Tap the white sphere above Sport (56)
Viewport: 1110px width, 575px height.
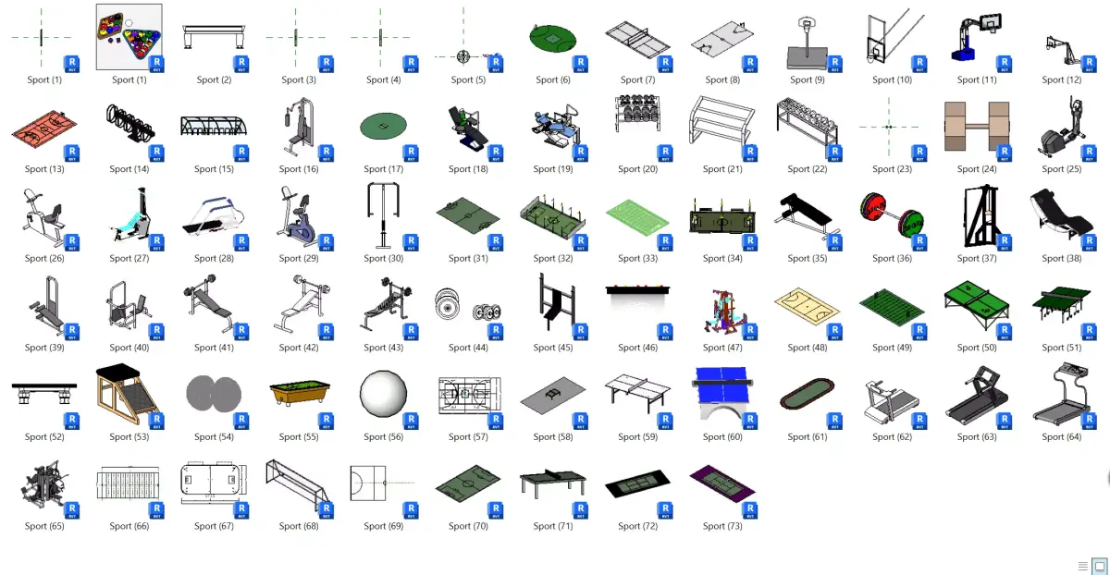pos(382,395)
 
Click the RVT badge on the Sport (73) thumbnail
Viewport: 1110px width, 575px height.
pos(747,509)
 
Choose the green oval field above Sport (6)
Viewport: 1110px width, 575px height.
pos(553,39)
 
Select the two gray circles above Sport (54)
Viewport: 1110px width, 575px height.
pos(213,394)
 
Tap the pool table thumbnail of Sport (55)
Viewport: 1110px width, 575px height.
pos(298,390)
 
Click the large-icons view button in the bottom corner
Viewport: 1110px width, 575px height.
pos(1100,566)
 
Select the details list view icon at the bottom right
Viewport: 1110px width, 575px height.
pos(1083,566)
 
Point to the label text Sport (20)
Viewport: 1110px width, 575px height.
pos(637,169)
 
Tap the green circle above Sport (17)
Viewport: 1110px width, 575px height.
pos(383,127)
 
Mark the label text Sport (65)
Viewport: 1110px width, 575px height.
pos(43,526)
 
